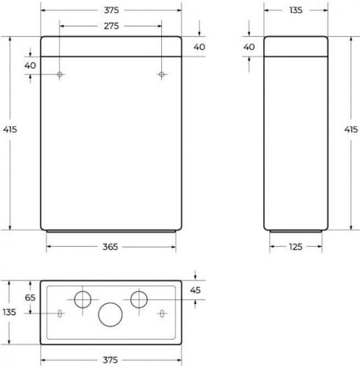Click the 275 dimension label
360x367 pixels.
coord(111,26)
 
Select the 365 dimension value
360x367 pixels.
coord(110,247)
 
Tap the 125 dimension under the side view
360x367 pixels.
coord(295,247)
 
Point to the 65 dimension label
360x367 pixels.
coord(30,298)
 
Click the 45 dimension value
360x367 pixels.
coord(195,290)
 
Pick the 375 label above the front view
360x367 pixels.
coord(111,10)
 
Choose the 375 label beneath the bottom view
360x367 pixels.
coord(110,360)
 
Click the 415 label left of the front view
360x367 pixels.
coord(10,129)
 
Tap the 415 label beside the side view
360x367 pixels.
coord(351,129)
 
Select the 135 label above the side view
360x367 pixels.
coord(295,10)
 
